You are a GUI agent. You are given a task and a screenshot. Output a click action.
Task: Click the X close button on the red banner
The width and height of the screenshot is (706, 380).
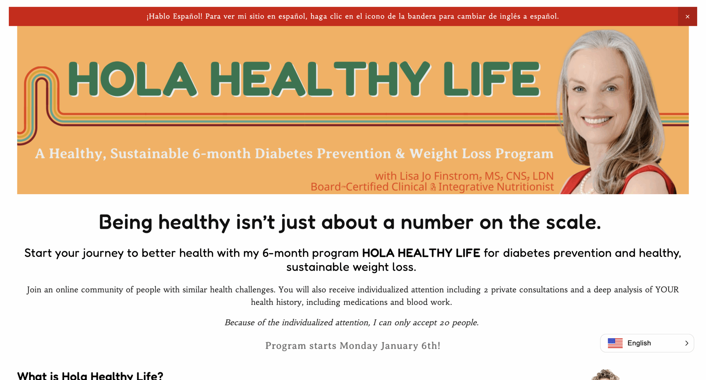pyautogui.click(x=687, y=17)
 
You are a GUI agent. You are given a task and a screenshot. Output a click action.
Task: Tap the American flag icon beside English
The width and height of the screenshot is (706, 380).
pyautogui.click(x=615, y=343)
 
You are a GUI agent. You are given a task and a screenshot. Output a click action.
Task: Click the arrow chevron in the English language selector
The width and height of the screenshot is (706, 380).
pyautogui.click(x=686, y=343)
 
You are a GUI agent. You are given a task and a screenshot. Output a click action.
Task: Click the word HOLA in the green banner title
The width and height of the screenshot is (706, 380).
pyautogui.click(x=132, y=79)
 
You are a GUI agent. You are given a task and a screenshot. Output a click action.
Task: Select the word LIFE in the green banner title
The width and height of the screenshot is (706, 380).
pyautogui.click(x=491, y=79)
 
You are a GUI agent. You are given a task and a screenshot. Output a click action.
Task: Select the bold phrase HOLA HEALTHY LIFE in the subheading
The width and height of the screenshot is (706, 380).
pyautogui.click(x=421, y=253)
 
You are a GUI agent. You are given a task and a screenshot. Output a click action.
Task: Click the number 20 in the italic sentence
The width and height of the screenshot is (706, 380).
pyautogui.click(x=444, y=323)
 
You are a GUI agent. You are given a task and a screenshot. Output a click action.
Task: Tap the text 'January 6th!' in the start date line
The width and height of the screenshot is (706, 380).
pyautogui.click(x=410, y=346)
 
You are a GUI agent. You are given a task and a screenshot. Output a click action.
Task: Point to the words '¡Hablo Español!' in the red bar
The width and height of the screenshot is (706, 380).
pyautogui.click(x=174, y=16)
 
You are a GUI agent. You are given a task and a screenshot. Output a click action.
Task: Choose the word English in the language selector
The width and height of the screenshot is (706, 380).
pyautogui.click(x=639, y=343)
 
